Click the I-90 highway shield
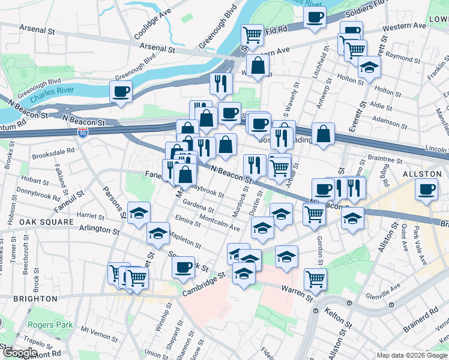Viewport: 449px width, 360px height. click(x=83, y=133)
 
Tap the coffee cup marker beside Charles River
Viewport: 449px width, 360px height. click(x=121, y=92)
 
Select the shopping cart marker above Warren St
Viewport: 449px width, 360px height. click(x=315, y=278)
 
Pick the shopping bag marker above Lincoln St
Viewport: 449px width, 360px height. click(x=324, y=134)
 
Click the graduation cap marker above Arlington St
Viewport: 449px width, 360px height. click(x=139, y=213)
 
